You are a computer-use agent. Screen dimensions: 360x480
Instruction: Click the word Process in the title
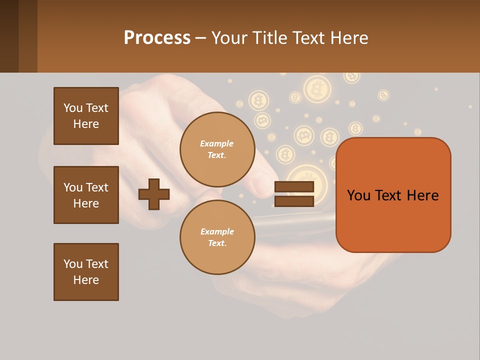(157, 38)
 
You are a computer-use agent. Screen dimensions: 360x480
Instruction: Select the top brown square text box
(86, 116)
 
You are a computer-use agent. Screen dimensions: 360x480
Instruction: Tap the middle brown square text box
(86, 195)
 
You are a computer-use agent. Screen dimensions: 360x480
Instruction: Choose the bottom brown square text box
(86, 272)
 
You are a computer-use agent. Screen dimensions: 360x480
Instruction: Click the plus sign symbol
(154, 194)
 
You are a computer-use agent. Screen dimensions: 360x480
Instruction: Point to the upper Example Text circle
(217, 149)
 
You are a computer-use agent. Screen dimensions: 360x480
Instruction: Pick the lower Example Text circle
(217, 237)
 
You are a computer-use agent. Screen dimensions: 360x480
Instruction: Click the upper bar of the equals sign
(294, 187)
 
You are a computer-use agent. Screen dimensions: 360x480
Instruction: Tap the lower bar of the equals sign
(294, 201)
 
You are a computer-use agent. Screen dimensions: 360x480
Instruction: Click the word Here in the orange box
(422, 195)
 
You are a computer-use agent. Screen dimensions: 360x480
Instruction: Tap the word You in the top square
(73, 108)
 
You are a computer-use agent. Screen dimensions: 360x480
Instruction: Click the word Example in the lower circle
(217, 231)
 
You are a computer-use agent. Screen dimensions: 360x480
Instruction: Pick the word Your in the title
(229, 38)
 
